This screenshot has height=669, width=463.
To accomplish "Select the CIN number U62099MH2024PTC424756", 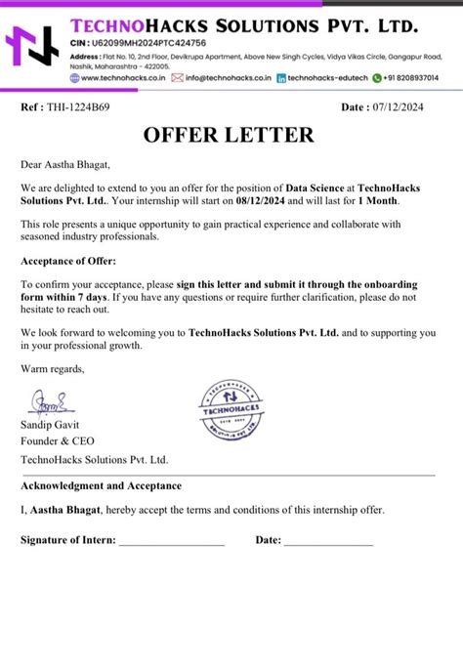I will click(x=151, y=44).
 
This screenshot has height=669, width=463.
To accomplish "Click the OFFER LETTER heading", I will click(x=231, y=135).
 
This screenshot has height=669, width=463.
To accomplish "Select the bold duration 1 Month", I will click(x=374, y=200).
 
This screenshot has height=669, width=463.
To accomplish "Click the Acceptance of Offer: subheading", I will click(x=67, y=262).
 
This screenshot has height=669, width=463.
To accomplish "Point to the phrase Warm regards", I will click(x=53, y=368).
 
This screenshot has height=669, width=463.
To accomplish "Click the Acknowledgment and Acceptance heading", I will click(x=101, y=485).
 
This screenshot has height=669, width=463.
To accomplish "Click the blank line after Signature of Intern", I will click(x=172, y=541).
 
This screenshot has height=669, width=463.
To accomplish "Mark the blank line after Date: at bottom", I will click(x=328, y=541).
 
